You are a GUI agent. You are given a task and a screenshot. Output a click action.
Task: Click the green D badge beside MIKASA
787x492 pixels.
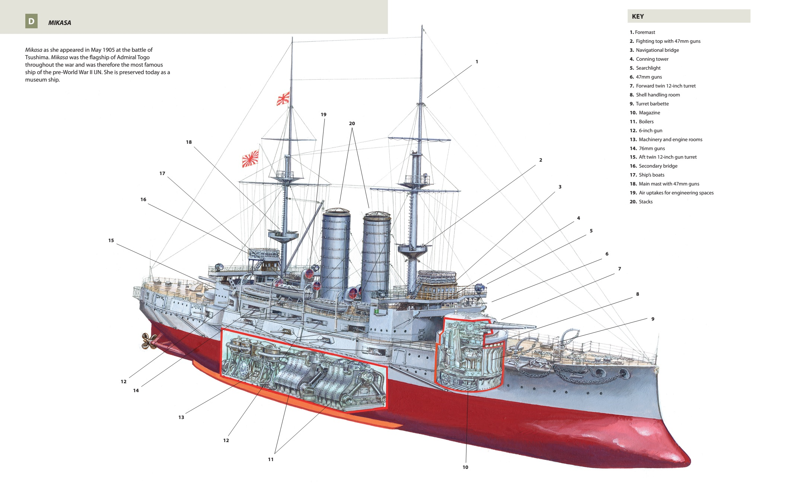click(x=31, y=21)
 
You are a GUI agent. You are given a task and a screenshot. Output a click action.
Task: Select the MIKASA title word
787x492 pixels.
click(x=60, y=23)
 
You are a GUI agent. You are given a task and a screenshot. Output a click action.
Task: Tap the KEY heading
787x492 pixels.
click(x=638, y=16)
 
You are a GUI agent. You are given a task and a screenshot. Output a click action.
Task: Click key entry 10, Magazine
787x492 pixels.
click(x=645, y=112)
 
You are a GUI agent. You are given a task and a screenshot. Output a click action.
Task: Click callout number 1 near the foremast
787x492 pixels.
click(x=477, y=62)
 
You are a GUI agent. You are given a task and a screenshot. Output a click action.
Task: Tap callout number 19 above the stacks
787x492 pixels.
click(x=324, y=115)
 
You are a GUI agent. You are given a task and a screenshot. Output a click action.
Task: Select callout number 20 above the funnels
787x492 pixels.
click(x=352, y=124)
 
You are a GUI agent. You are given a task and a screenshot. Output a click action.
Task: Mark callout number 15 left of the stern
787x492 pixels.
click(x=111, y=241)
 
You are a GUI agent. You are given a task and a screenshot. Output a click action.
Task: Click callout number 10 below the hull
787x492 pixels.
click(x=465, y=467)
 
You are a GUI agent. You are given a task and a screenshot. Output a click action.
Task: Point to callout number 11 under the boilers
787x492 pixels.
click(x=271, y=459)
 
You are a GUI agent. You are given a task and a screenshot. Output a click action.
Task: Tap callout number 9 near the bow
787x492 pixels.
click(x=653, y=319)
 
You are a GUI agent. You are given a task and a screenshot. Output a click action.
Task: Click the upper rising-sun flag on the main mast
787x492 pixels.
click(x=283, y=99)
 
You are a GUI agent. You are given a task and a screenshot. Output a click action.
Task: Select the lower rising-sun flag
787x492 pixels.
click(x=250, y=158)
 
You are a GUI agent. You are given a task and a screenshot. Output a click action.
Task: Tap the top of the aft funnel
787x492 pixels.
click(x=336, y=211)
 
